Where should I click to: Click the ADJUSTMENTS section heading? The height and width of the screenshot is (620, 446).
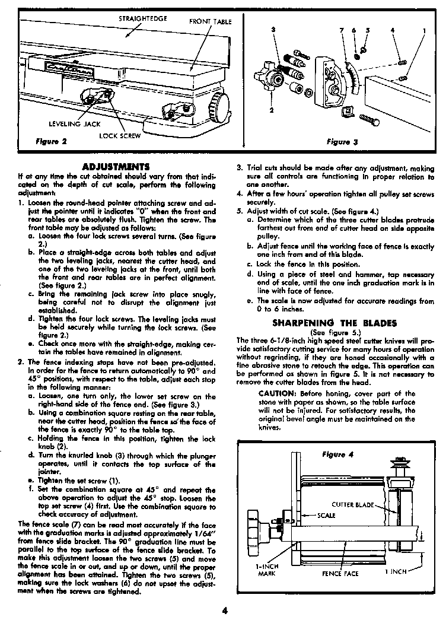[x=117, y=166]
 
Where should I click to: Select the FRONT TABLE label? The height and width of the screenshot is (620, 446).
[x=210, y=22]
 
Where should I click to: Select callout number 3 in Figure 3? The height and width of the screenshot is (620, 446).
[x=272, y=29]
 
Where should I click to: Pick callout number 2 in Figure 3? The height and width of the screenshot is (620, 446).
[x=272, y=110]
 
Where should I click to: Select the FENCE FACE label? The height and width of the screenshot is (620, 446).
[x=340, y=573]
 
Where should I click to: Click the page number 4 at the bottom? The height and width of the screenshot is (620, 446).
[x=225, y=609]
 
